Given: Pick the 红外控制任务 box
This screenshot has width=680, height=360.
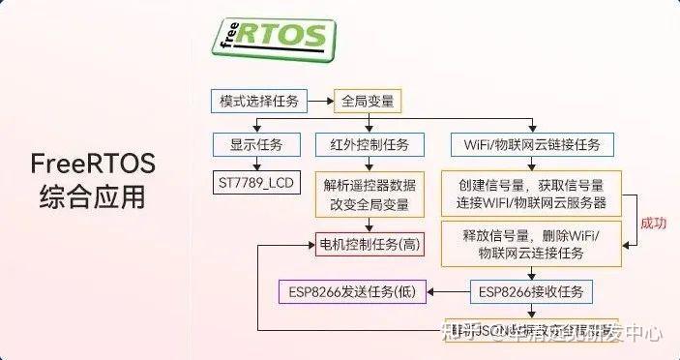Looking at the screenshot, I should coord(363,145).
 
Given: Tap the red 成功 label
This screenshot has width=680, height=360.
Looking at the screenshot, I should coord(654,221).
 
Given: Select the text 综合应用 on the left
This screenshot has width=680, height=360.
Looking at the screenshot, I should coord(93,196).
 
